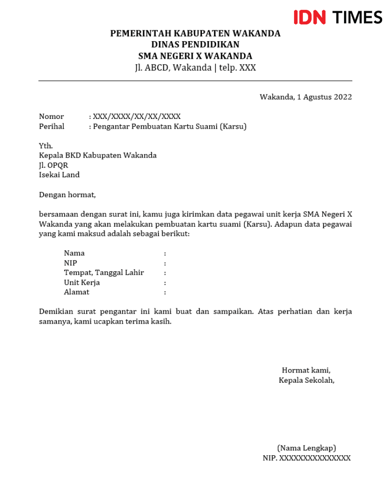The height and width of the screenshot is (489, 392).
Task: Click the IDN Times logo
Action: point(338,17)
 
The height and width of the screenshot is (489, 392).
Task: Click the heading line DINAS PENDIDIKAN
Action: point(195,45)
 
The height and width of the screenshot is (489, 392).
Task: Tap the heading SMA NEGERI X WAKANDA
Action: point(195,56)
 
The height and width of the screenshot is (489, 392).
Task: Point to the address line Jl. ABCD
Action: point(195,68)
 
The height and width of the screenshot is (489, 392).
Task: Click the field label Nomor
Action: point(51,116)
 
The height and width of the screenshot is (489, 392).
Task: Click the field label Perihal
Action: point(51,127)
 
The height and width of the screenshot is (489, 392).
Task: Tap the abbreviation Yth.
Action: point(46,146)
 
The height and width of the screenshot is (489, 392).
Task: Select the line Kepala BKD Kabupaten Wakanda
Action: point(98,156)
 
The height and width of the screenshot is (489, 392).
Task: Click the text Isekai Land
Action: point(59,175)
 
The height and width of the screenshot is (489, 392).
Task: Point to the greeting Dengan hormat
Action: point(68,195)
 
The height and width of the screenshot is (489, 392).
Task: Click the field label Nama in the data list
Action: point(74,253)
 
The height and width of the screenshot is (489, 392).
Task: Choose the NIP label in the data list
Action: point(71,263)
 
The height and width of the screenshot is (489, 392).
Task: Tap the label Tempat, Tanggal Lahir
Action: point(104,273)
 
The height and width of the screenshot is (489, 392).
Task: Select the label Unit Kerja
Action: point(82,282)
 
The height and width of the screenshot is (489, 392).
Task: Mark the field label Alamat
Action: point(76,292)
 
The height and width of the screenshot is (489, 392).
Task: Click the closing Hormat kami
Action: point(306,370)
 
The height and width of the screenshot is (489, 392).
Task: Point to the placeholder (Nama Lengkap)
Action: point(307,448)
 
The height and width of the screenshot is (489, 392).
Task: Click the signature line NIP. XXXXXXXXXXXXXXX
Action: point(307,458)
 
